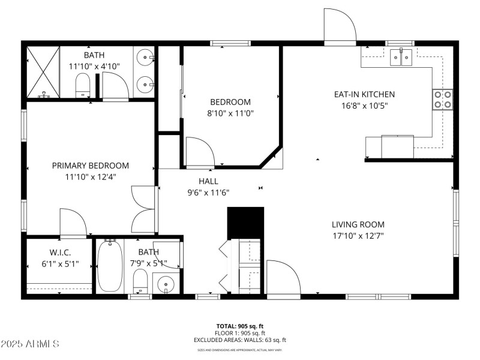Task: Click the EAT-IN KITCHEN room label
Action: pyautogui.click(x=364, y=94)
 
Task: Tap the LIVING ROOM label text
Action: pyautogui.click(x=358, y=224)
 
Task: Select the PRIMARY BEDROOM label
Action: pyautogui.click(x=90, y=166)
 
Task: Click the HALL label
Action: pyautogui.click(x=208, y=181)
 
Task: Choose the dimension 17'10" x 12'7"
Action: pyautogui.click(x=358, y=236)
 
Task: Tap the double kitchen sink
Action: pyautogui.click(x=401, y=58)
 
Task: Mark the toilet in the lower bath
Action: pyautogui.click(x=140, y=280)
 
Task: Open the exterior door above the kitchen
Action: pyautogui.click(x=340, y=27)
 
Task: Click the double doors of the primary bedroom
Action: pyautogui.click(x=144, y=208)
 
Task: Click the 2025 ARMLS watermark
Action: pyautogui.click(x=30, y=344)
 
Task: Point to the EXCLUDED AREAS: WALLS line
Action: pyautogui.click(x=240, y=340)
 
